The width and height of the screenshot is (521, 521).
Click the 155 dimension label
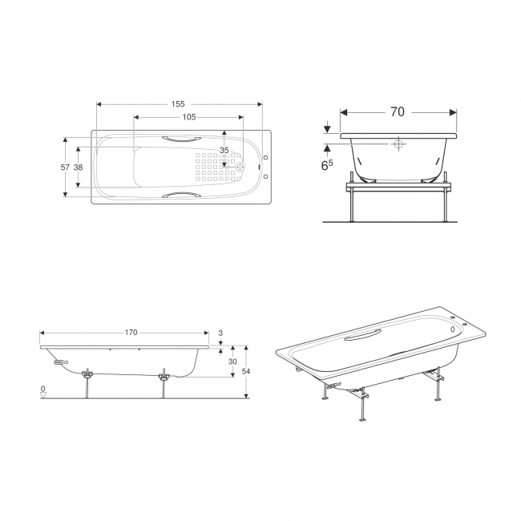click(178, 104)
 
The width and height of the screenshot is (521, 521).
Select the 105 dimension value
click(188, 117)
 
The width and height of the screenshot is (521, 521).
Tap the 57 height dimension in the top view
click(65, 168)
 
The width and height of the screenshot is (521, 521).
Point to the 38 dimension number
click(78, 168)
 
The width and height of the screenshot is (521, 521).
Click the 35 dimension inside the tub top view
click(224, 150)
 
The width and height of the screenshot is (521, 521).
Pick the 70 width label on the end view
click(398, 112)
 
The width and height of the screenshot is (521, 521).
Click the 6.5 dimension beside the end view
click(327, 165)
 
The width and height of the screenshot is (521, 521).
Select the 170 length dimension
click(131, 333)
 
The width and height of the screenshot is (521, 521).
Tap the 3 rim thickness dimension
click(220, 333)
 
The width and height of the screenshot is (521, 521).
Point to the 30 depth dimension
click(232, 361)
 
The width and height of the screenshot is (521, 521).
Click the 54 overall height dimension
click(245, 371)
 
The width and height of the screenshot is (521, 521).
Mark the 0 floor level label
click(42, 389)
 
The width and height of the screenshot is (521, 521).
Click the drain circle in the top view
click(240, 167)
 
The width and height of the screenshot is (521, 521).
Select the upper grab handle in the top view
click(181, 139)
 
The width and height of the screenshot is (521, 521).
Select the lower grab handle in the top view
click(181, 195)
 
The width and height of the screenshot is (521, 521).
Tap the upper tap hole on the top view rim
click(265, 157)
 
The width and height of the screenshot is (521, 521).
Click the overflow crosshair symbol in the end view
click(398, 143)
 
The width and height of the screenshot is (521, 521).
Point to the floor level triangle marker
click(43, 395)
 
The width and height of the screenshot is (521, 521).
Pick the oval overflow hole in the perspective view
click(452, 329)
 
